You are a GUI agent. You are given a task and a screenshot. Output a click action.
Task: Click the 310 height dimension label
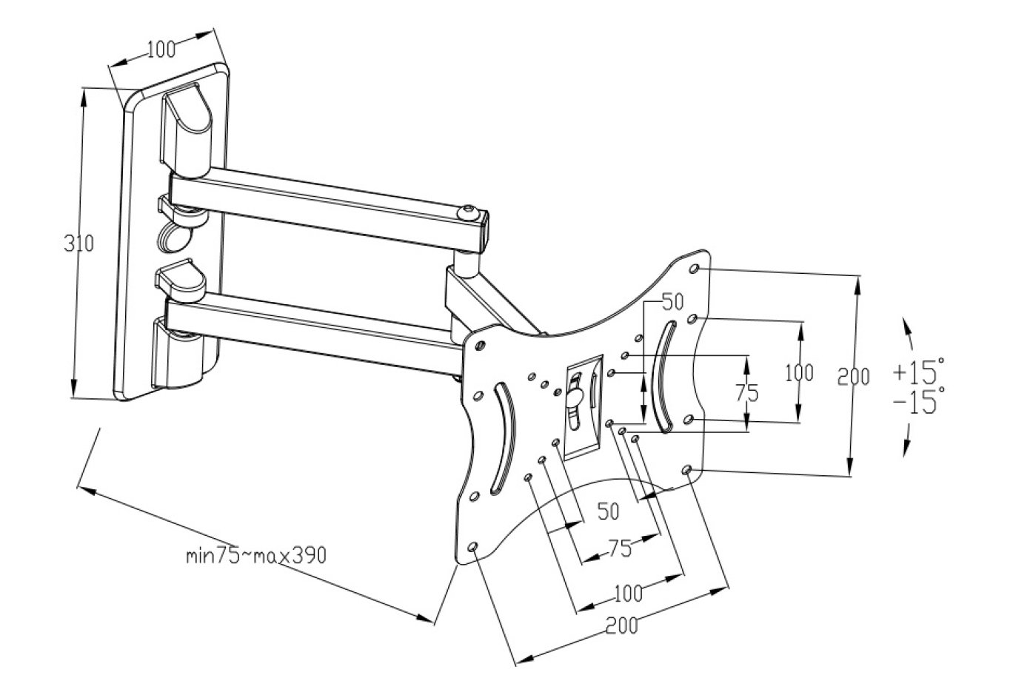[79, 244]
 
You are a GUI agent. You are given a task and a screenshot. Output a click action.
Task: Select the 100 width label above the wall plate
[161, 50]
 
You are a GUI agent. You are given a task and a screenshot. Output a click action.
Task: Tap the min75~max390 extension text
[255, 555]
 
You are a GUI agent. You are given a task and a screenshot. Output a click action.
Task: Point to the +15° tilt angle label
[918, 369]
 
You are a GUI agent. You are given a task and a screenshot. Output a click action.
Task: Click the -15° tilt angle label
[918, 403]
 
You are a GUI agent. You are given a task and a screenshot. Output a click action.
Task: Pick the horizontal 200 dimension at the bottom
[621, 626]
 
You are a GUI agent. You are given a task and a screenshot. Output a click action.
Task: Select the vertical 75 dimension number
[747, 393]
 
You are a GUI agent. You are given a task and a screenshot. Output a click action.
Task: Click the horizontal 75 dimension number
[619, 548]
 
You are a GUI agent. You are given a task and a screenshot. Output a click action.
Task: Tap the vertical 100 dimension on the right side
[798, 372]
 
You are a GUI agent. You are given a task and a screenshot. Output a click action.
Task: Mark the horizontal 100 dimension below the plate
[628, 593]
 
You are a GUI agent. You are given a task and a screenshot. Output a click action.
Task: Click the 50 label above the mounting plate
[673, 301]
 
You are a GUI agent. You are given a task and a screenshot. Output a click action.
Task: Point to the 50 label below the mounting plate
[608, 511]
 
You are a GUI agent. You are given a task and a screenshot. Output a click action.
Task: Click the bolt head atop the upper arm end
[467, 212]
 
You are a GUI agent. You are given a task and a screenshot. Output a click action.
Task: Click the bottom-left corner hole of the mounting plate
[473, 548]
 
